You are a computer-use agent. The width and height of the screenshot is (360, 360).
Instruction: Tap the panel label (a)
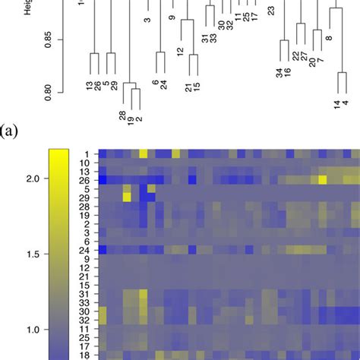pos(11,130)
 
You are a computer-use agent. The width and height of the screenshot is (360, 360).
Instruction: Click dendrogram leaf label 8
pos(329,37)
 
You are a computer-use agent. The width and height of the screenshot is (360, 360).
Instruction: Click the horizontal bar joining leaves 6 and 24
pos(160,52)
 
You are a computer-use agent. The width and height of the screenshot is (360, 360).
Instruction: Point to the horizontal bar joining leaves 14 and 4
pos(341,73)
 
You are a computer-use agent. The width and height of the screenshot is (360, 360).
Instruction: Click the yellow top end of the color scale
pos(59,154)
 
